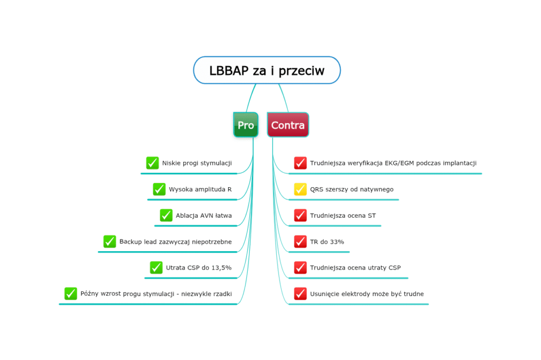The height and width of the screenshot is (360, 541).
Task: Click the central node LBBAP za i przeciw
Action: coord(267,70)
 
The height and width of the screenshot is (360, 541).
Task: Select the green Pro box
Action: coord(246,125)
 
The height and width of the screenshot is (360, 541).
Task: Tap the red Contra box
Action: coord(288,125)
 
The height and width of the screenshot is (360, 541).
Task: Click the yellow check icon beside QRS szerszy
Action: coord(300,189)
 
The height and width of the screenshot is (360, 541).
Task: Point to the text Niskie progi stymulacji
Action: coord(197,163)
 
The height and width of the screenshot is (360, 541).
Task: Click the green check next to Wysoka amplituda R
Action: coord(159,189)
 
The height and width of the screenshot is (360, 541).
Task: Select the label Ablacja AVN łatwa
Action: coord(204,216)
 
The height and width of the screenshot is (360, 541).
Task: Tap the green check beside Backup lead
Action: coord(109,242)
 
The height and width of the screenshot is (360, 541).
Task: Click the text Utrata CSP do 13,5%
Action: coord(199,268)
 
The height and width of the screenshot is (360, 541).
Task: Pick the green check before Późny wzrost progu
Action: coord(71,293)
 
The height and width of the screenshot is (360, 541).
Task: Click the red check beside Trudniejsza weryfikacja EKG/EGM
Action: coord(300,163)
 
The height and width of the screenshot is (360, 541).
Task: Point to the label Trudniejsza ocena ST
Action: coord(343,216)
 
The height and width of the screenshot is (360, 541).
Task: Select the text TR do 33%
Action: coord(327,242)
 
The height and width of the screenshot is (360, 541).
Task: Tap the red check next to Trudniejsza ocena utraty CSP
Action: coord(300,267)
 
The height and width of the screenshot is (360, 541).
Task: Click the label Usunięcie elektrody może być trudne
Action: coord(367,294)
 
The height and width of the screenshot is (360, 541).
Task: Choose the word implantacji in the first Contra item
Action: coord(459,163)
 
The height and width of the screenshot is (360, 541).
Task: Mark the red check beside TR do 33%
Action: coord(300,242)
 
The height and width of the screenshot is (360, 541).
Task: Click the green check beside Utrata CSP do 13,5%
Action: coord(156,267)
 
